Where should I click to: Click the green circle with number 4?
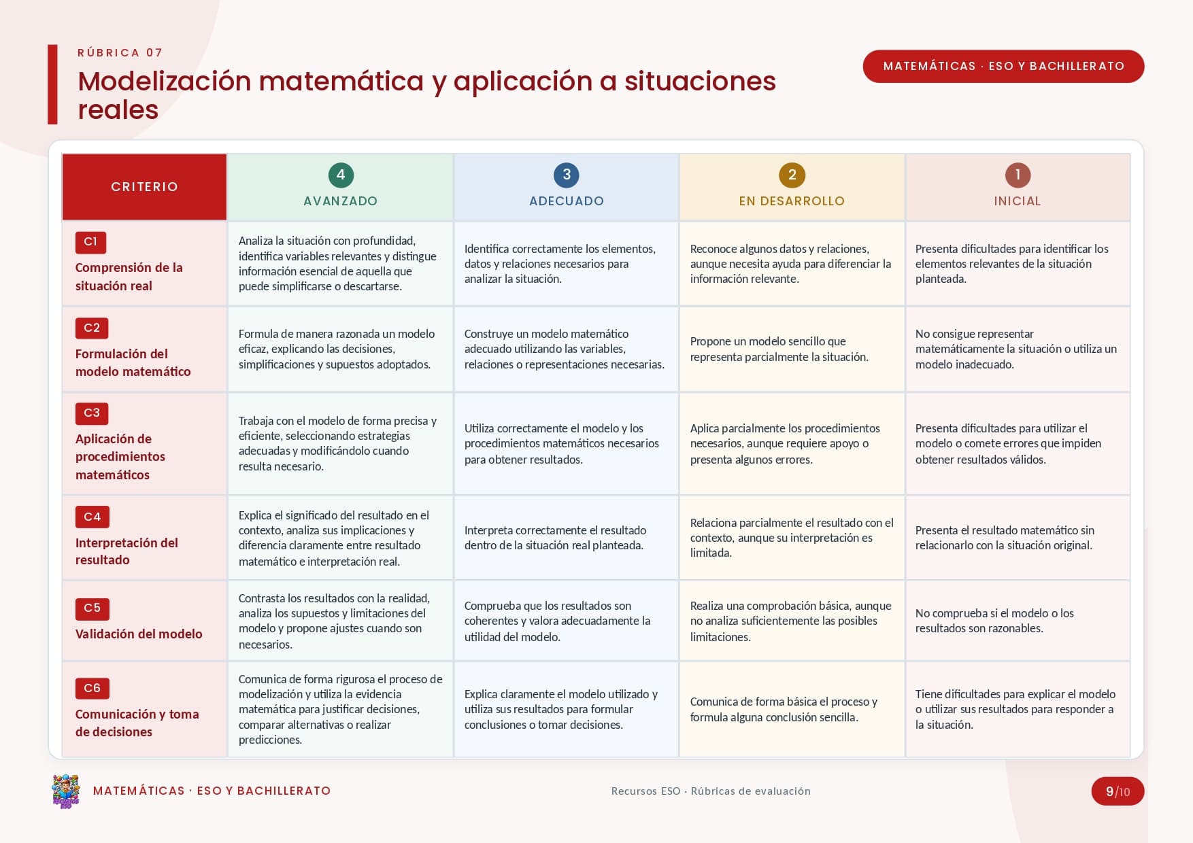341,175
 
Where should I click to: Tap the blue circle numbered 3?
567,175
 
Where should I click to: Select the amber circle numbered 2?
792,175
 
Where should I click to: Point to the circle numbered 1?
1018,175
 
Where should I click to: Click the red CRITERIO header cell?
144,187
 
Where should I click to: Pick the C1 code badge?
90,242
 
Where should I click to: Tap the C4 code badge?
93,517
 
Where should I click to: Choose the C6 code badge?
93,688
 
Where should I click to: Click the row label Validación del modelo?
139,634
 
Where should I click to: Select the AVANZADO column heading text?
341,201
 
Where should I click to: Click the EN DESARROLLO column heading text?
792,201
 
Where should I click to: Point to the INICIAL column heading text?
1018,201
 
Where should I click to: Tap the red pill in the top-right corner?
1003,66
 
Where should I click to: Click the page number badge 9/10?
1118,791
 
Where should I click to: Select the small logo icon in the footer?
66,791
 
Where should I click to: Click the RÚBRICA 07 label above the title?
120,53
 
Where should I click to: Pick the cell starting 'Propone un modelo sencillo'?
792,349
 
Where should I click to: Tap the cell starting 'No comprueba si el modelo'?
1018,621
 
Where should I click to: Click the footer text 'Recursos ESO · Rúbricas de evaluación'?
711,791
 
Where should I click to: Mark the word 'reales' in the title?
118,110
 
